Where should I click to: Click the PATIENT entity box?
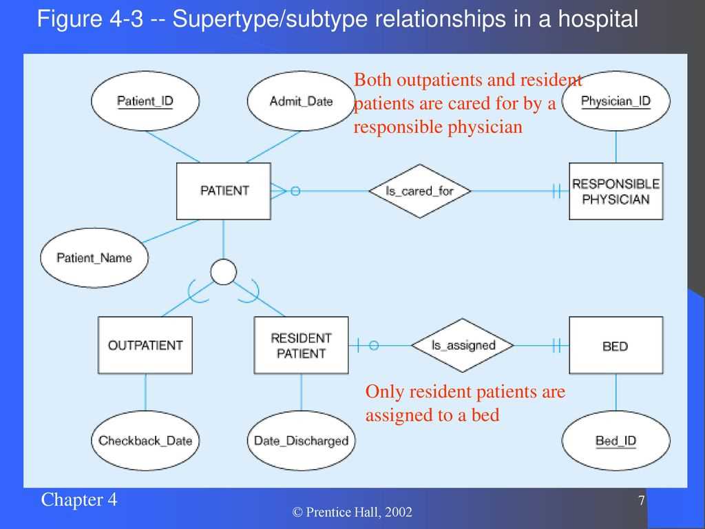coord(224,191)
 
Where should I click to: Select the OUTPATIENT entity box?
coord(145,345)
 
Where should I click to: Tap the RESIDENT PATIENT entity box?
coord(302,345)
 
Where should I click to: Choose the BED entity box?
coord(616,345)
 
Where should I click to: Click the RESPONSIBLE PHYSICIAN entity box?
coord(616,191)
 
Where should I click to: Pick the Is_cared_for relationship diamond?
coord(420,191)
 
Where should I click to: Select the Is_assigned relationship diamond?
coord(463,346)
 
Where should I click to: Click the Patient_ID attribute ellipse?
coord(145,101)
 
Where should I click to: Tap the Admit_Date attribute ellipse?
coord(302,101)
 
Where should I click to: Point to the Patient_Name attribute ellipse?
coord(94,258)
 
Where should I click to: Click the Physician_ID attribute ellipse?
coord(616,101)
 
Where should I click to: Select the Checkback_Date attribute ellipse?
coord(145,441)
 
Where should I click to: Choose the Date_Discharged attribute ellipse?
coord(302,441)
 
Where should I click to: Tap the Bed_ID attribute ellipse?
coord(616,441)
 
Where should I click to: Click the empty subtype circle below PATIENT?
coord(224,271)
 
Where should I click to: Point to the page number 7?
coord(642,500)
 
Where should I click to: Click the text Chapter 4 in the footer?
coord(78,500)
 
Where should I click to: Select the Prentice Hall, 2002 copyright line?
coord(352,512)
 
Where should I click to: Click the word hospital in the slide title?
coord(598,20)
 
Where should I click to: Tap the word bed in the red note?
coord(485,415)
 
